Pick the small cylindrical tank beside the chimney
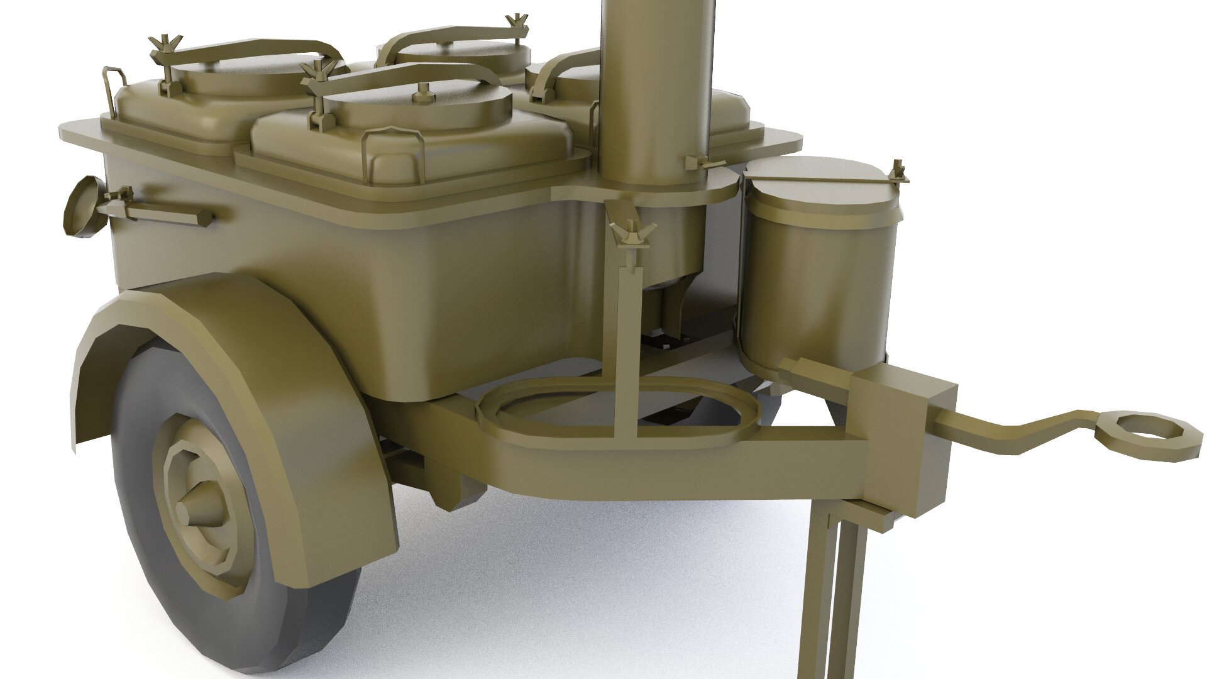pyautogui.click(x=814, y=270)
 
